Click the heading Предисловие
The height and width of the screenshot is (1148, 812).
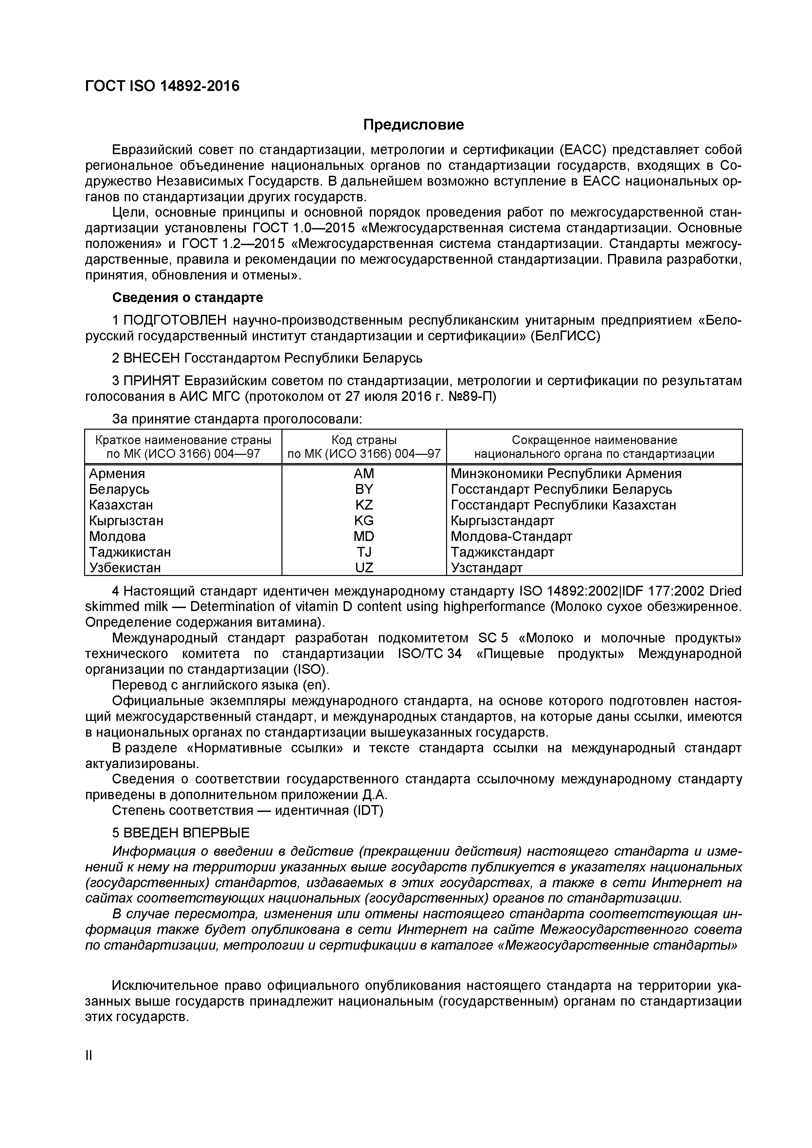pos(413,124)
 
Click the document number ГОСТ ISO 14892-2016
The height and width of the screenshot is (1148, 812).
pos(163,86)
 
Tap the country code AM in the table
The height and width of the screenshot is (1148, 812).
pos(364,474)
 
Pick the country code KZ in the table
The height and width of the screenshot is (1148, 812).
pos(364,505)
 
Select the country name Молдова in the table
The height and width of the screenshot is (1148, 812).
pos(117,536)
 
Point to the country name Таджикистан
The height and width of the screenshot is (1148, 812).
pos(130,552)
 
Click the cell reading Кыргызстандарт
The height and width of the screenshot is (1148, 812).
pos(502,521)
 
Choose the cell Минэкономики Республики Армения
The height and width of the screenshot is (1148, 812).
pos(566,474)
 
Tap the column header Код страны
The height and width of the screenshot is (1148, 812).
pos(364,440)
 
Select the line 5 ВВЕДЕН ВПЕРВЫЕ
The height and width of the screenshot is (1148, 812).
pos(181,833)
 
